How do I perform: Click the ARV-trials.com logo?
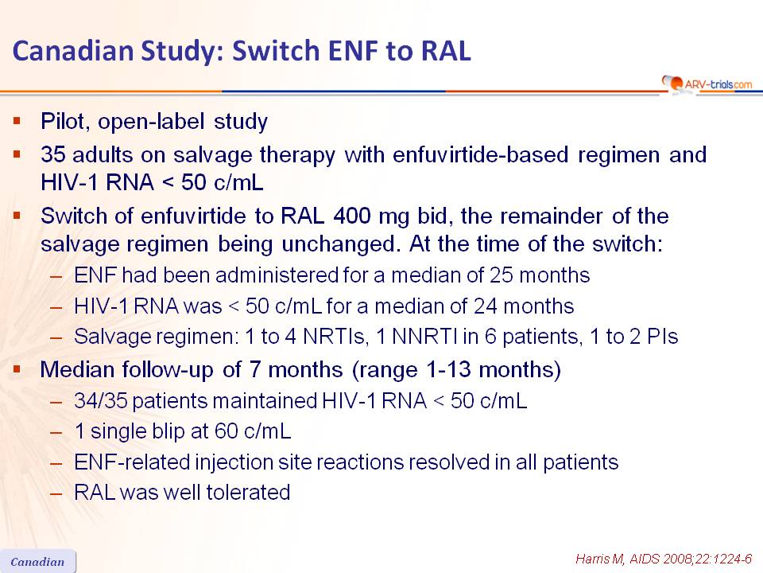[x=707, y=84]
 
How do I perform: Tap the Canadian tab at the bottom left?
[x=38, y=562]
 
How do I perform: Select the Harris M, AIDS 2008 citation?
[x=664, y=559]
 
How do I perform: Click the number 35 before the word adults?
[x=53, y=155]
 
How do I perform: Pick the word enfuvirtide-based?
[x=480, y=155]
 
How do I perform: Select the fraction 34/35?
[x=101, y=401]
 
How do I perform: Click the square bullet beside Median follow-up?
[x=17, y=369]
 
